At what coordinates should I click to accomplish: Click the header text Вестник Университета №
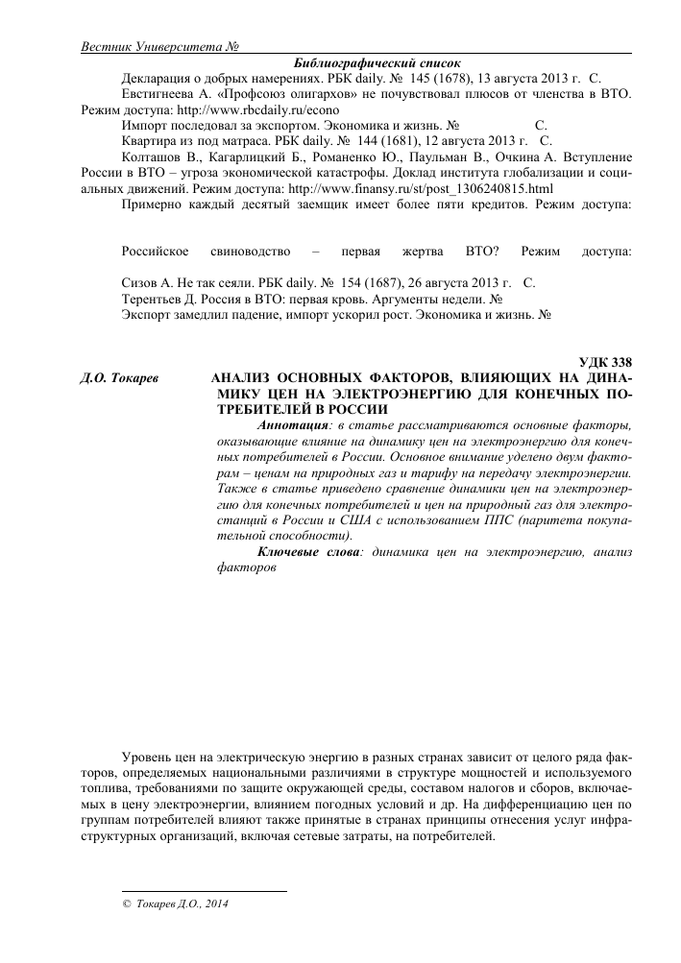click(159, 47)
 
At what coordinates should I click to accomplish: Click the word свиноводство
click(250, 252)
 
